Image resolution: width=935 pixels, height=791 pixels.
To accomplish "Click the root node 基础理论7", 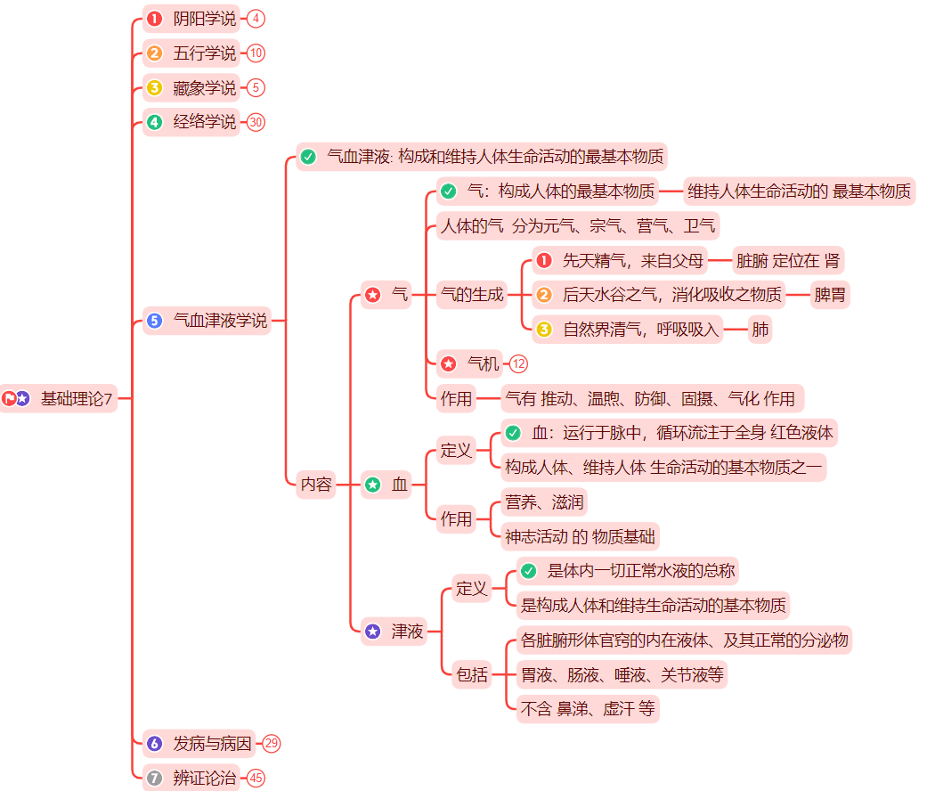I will click(77, 398).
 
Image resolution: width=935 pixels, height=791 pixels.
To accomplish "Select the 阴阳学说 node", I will click(204, 19).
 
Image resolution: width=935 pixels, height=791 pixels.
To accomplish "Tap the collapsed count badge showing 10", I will click(256, 53).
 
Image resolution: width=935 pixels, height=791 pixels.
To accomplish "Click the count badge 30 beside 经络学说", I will click(256, 122).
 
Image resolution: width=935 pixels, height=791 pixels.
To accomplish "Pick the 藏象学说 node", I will click(204, 88).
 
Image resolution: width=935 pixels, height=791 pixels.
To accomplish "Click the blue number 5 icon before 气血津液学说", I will click(155, 321).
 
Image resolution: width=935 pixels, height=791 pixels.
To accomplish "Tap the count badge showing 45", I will click(256, 778).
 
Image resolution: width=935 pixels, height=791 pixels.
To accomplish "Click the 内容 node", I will click(316, 485).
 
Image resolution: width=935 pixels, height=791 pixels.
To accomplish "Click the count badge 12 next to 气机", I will click(518, 363).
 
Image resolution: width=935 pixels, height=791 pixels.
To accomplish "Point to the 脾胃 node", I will click(830, 294).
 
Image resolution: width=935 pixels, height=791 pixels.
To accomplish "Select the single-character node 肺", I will click(760, 330).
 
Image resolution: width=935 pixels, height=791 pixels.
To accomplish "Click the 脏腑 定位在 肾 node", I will click(787, 261).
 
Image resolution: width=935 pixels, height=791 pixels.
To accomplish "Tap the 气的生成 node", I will click(472, 294).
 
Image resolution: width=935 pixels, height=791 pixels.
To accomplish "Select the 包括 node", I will click(472, 674).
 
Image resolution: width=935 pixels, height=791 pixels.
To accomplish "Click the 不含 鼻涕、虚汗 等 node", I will click(588, 709).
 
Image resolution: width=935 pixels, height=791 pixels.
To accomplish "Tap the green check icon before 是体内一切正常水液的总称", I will click(529, 571).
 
